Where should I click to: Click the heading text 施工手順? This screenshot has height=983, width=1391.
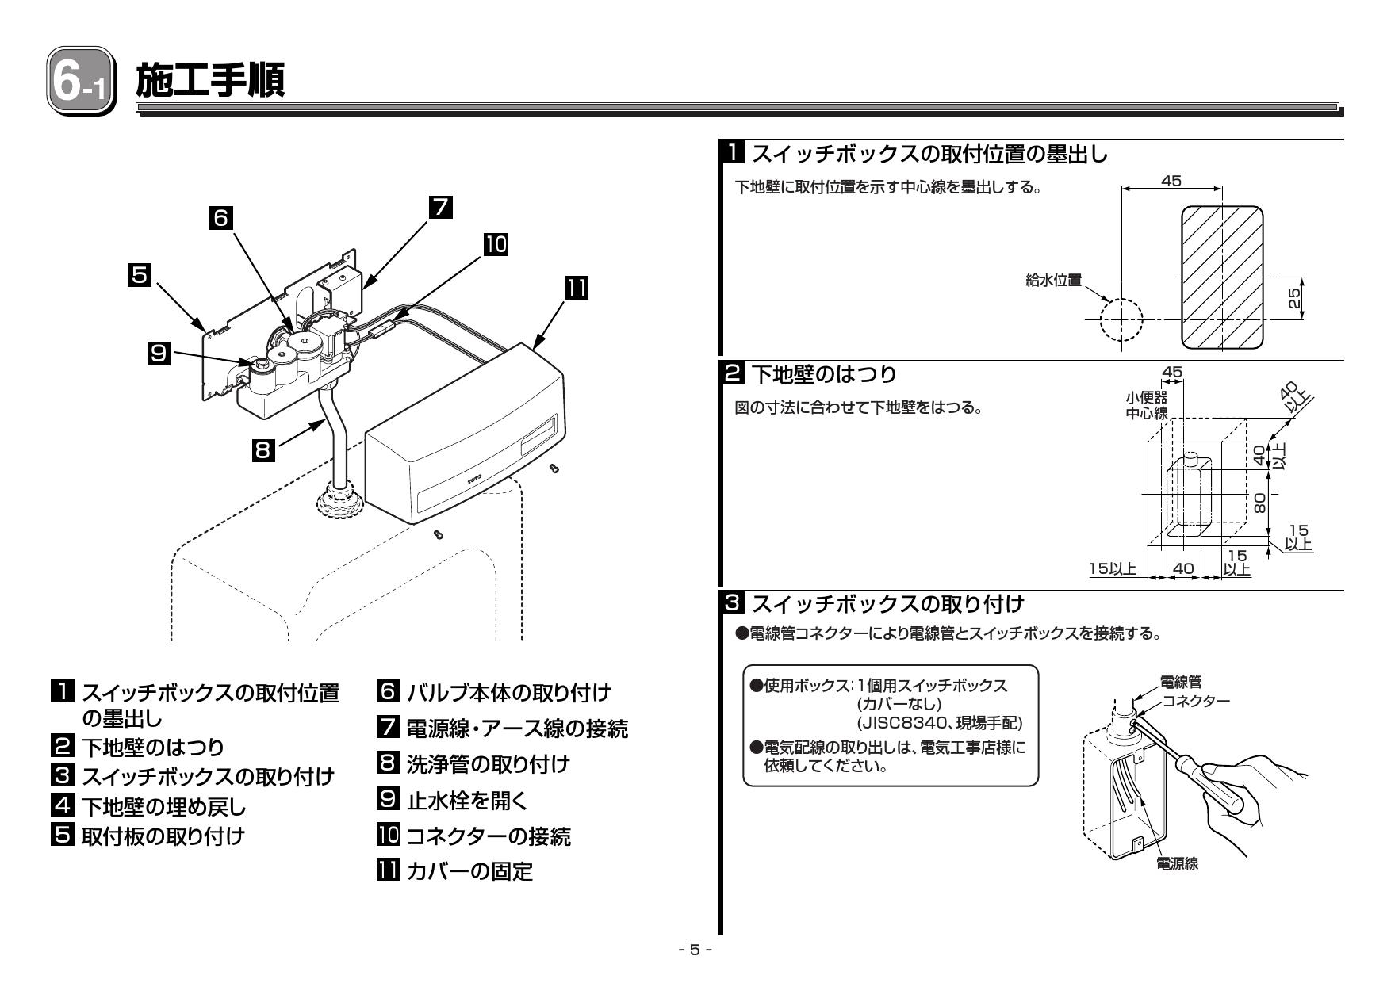tap(209, 82)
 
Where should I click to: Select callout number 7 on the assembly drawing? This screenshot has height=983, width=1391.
tap(440, 206)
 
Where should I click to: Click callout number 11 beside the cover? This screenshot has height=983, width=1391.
tap(576, 287)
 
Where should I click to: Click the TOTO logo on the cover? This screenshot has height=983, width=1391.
tap(473, 479)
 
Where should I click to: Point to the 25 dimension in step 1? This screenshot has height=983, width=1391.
tap(1294, 298)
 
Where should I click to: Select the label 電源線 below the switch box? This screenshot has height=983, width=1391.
tap(1177, 864)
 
